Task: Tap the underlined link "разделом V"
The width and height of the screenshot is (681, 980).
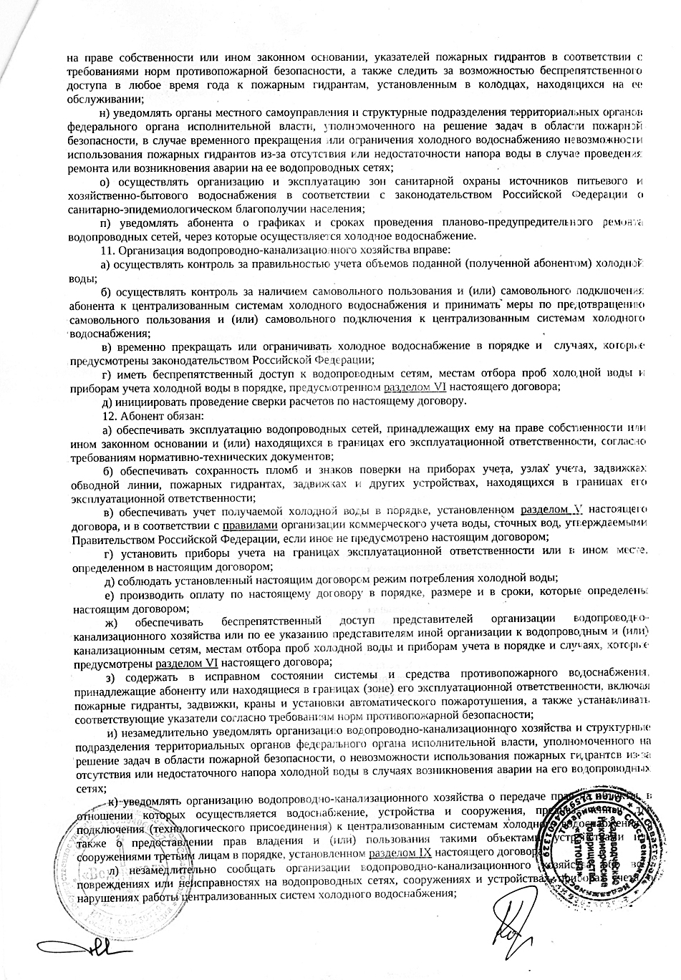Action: point(551,510)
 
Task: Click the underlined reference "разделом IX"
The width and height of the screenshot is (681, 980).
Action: point(400,853)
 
